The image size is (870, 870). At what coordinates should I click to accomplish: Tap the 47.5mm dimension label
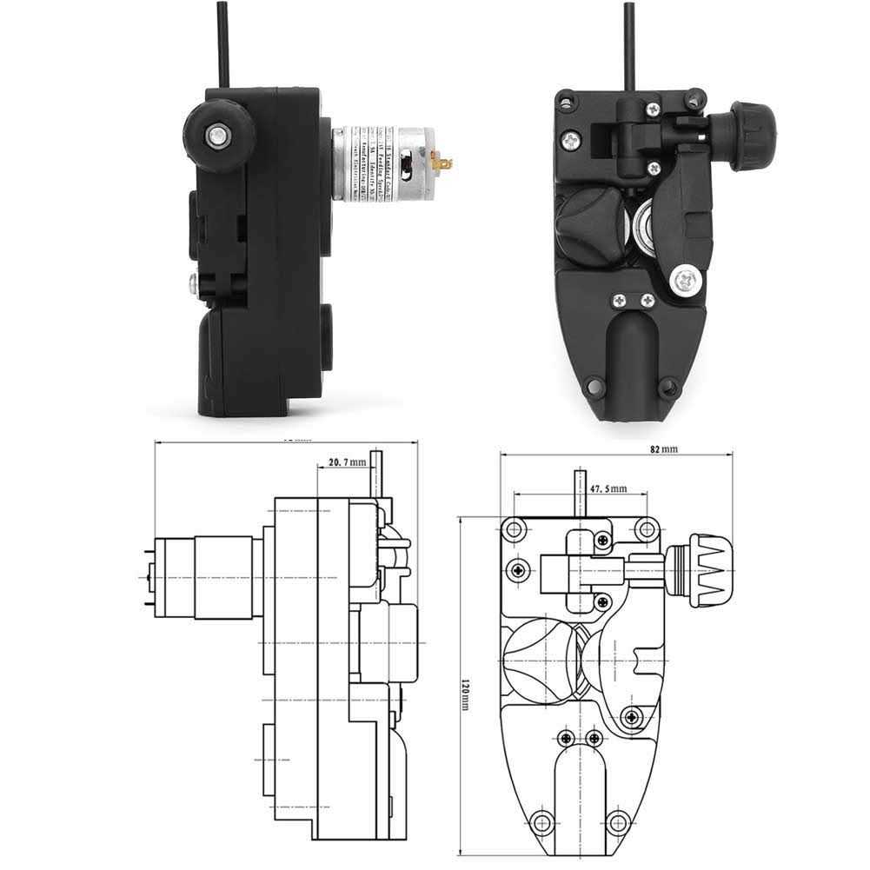click(x=608, y=489)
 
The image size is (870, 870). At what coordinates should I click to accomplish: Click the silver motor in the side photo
click(x=373, y=163)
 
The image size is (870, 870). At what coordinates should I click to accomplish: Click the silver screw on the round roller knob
click(x=215, y=133)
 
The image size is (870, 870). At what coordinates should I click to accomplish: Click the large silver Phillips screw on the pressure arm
click(x=686, y=279)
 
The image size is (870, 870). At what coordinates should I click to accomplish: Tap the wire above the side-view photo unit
click(x=224, y=43)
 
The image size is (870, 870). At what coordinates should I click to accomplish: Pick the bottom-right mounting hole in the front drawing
click(x=617, y=820)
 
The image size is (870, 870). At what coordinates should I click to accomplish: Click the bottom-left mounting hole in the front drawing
click(x=543, y=820)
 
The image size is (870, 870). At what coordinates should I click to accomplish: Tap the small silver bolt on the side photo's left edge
click(x=192, y=281)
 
